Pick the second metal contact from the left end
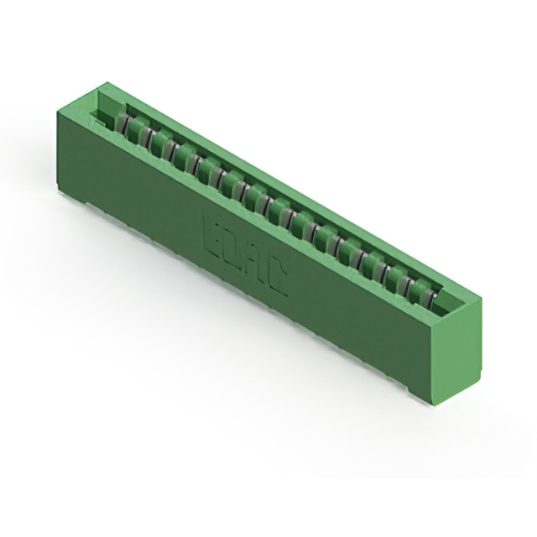pyautogui.click(x=141, y=133)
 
